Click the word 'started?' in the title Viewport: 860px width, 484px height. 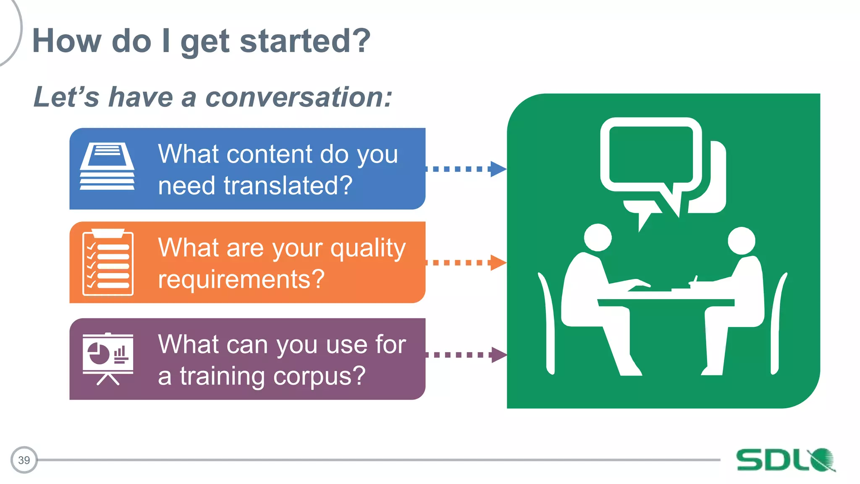(x=305, y=41)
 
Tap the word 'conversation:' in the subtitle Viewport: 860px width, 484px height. (x=299, y=97)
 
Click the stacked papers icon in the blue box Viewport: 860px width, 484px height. (x=107, y=166)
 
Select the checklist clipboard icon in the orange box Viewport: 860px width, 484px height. (x=108, y=263)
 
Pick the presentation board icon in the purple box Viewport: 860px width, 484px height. (x=108, y=358)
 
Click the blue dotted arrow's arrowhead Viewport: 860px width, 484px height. (x=498, y=169)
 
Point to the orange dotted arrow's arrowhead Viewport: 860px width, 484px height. (x=498, y=263)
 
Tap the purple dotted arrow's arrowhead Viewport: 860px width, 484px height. (x=498, y=355)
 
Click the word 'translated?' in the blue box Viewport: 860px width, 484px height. (x=288, y=185)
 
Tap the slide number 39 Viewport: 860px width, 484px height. (x=24, y=460)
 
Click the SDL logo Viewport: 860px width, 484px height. (x=785, y=460)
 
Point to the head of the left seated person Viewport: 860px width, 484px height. (x=598, y=237)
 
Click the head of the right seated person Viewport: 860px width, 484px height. (x=741, y=240)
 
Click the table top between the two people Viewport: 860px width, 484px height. (x=666, y=302)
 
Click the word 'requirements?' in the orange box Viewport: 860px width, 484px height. (x=241, y=279)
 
